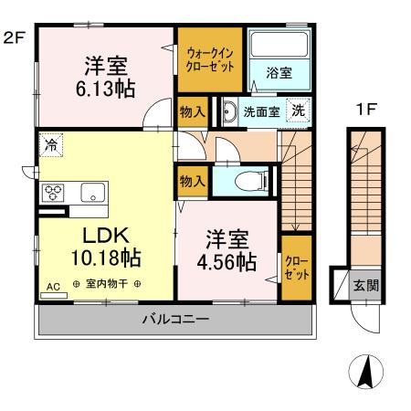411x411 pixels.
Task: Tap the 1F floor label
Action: tap(366, 111)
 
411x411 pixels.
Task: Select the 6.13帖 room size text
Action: tap(105, 87)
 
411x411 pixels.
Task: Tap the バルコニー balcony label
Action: tap(175, 321)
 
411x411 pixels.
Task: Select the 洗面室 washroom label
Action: tap(258, 112)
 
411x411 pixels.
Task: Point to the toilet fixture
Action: tap(248, 180)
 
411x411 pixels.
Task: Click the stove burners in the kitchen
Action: tap(53, 193)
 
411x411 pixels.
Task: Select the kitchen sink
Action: tap(92, 193)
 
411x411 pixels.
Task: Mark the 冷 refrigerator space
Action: tap(52, 143)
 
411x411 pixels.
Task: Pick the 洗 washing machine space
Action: tap(299, 111)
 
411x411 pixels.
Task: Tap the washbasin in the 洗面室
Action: tap(227, 112)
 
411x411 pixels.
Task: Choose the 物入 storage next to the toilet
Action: tap(192, 181)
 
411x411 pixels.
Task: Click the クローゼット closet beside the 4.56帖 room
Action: tap(295, 269)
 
